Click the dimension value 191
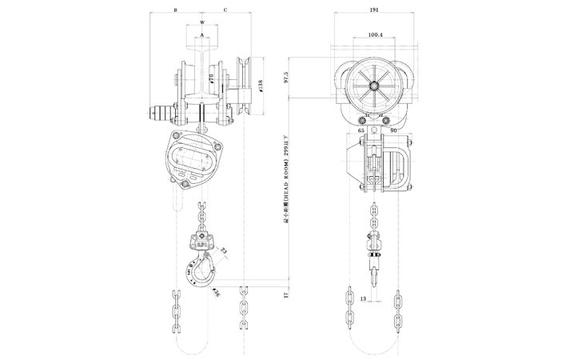(373, 10)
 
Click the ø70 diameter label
(210, 79)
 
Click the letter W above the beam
(203, 22)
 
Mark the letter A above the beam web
(203, 35)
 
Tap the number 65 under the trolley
(361, 129)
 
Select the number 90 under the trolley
(394, 129)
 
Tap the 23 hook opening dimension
(221, 252)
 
